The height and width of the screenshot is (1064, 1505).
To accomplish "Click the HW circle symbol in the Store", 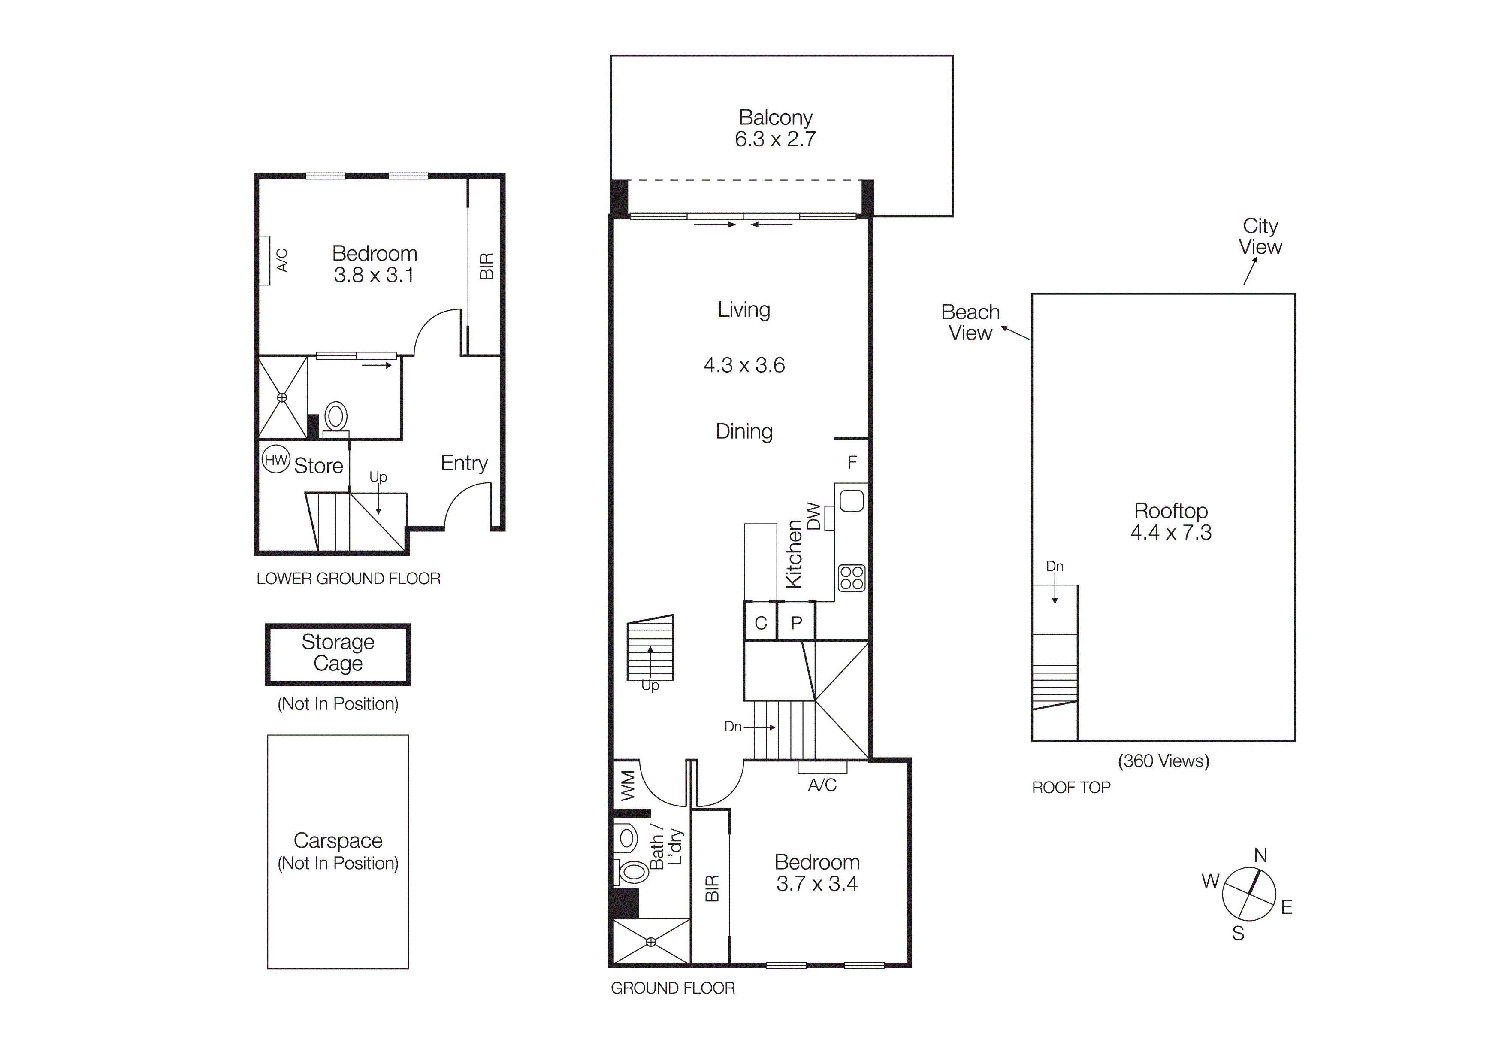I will pyautogui.click(x=276, y=460).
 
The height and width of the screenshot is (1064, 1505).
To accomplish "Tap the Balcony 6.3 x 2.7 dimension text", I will pyautogui.click(x=775, y=139).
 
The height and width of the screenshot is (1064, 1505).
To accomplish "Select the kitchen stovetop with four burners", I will pyautogui.click(x=852, y=578).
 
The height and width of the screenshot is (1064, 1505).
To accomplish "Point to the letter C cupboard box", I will pyautogui.click(x=760, y=623).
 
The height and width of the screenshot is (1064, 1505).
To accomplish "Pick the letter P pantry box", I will pyautogui.click(x=796, y=623).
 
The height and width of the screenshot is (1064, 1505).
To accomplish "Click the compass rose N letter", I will pyautogui.click(x=1260, y=855).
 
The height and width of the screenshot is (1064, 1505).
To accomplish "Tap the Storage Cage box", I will pyautogui.click(x=338, y=654).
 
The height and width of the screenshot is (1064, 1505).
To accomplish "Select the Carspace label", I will pyautogui.click(x=338, y=840).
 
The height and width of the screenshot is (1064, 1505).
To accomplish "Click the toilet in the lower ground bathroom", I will pyautogui.click(x=335, y=417).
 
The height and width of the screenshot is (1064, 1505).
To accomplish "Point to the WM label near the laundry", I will pyautogui.click(x=627, y=785).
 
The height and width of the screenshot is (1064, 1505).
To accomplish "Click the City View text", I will pyautogui.click(x=1260, y=236).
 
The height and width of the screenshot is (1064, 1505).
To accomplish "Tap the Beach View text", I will pyautogui.click(x=970, y=322).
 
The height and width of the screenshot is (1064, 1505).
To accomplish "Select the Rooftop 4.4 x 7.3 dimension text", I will pyautogui.click(x=1171, y=532).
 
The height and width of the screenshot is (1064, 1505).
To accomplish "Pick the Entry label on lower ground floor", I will pyautogui.click(x=464, y=463).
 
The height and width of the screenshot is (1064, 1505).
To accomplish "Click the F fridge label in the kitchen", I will pyautogui.click(x=852, y=463).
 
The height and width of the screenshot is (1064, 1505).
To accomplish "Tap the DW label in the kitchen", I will pyautogui.click(x=813, y=516).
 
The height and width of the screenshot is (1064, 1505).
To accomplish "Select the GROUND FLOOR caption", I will pyautogui.click(x=673, y=988).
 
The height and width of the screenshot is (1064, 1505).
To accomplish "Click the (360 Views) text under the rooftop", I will pyautogui.click(x=1163, y=761).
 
